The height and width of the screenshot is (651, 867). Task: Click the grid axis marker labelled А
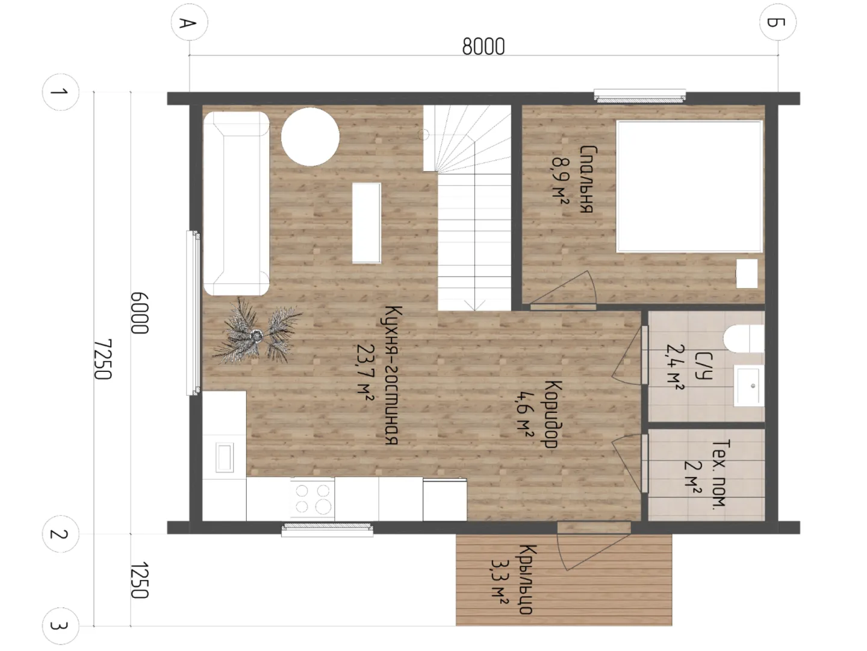click(189, 22)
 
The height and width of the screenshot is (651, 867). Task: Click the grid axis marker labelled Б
click(777, 22)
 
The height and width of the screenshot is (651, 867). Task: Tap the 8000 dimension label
click(483, 46)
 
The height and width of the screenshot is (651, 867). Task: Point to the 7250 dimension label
click(103, 359)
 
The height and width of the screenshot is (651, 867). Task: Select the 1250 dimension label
click(140, 580)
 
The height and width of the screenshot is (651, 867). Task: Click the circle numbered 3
click(60, 626)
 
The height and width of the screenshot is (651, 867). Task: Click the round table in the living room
click(310, 137)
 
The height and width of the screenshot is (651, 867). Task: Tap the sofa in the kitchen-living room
click(236, 204)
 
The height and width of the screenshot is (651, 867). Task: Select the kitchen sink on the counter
click(225, 458)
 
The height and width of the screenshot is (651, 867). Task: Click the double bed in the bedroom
click(689, 187)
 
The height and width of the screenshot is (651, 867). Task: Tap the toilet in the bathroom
click(743, 339)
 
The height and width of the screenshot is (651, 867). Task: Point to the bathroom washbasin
click(748, 386)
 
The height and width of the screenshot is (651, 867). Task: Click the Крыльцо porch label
click(526, 580)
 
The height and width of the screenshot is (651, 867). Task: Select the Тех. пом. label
click(719, 473)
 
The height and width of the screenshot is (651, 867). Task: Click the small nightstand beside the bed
click(747, 274)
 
